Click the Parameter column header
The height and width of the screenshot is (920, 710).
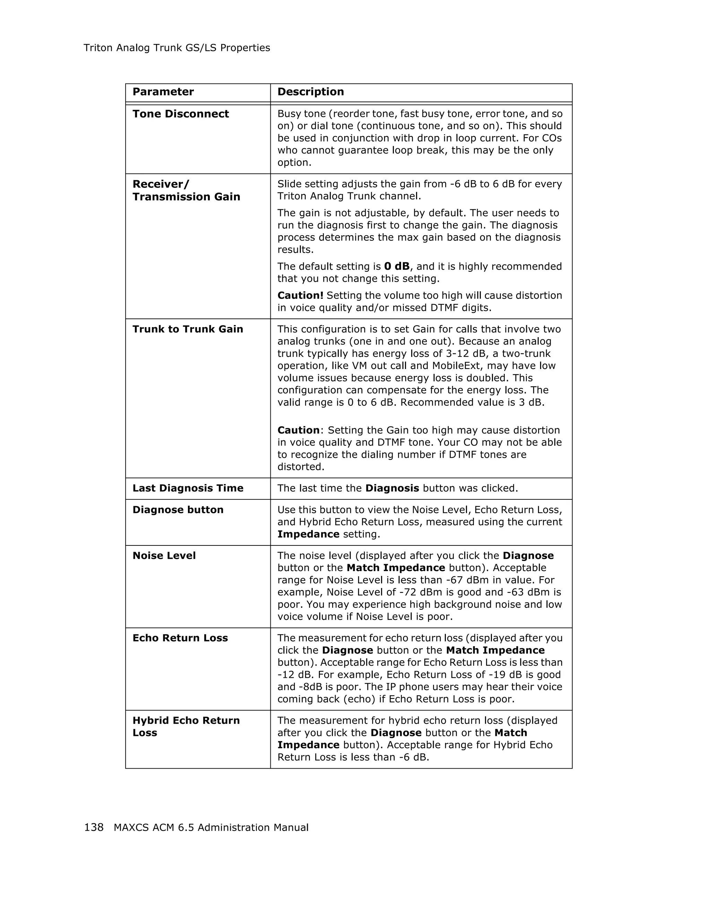coord(163,92)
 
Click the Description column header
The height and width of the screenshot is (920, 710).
coord(311,92)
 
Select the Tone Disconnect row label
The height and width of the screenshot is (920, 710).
coord(180,114)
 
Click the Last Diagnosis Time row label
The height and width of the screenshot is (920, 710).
coord(188,488)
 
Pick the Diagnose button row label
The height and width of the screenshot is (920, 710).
coord(178,510)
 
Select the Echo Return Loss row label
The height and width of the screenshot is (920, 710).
coord(180,638)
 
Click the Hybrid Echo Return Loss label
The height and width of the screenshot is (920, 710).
coord(186,727)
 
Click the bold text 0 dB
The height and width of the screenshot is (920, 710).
coord(397,267)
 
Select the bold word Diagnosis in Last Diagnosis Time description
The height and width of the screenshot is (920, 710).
coord(392,488)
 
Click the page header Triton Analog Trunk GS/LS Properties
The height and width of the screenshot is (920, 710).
coord(176,48)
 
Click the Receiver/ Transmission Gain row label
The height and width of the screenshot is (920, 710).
coord(186,190)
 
